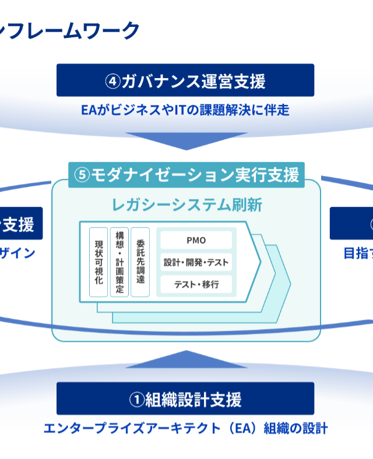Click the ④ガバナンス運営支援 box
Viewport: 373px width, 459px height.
click(x=185, y=80)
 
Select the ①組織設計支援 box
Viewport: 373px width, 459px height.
click(x=185, y=399)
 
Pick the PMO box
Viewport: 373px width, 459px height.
click(x=195, y=240)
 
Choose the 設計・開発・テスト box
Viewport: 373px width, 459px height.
click(x=195, y=262)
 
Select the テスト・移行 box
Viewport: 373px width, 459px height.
click(x=195, y=284)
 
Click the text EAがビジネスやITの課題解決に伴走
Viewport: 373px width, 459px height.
click(x=185, y=110)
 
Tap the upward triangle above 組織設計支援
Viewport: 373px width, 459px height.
click(x=185, y=360)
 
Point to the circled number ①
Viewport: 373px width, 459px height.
click(x=136, y=400)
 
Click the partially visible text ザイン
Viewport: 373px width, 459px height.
click(x=17, y=253)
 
